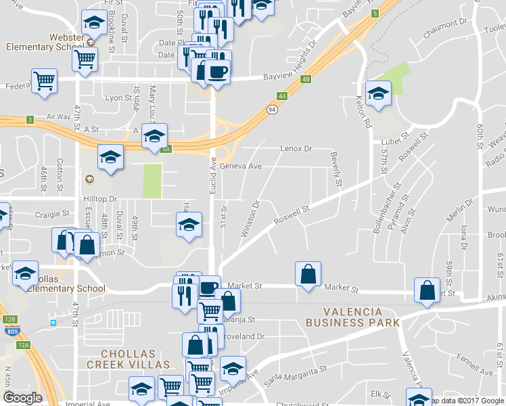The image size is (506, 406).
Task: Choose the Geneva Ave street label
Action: pos(240,166)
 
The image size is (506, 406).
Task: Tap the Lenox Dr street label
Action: pos(296,148)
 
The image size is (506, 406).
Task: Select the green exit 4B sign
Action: pos(306,79)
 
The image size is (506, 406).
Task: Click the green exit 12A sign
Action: pos(24,344)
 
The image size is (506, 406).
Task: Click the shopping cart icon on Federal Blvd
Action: pos(44,81)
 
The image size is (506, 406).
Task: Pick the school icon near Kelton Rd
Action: pos(378,93)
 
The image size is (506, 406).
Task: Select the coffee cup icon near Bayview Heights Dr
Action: pos(217,71)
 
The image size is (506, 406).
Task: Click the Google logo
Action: pos(23,398)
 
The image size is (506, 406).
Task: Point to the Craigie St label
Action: pos(53,213)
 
